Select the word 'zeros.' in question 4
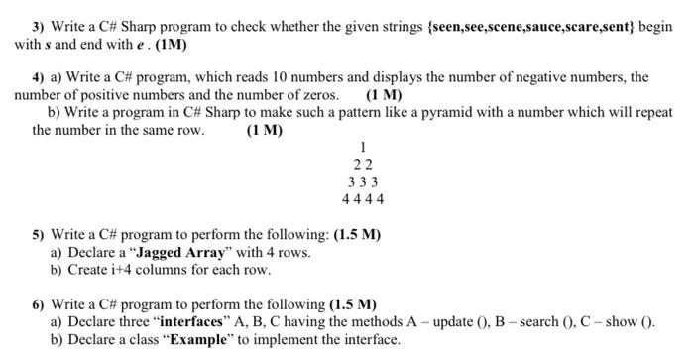[316, 95]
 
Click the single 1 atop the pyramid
[362, 149]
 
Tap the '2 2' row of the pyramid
[362, 166]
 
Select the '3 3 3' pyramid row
[362, 182]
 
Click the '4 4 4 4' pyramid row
[362, 199]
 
